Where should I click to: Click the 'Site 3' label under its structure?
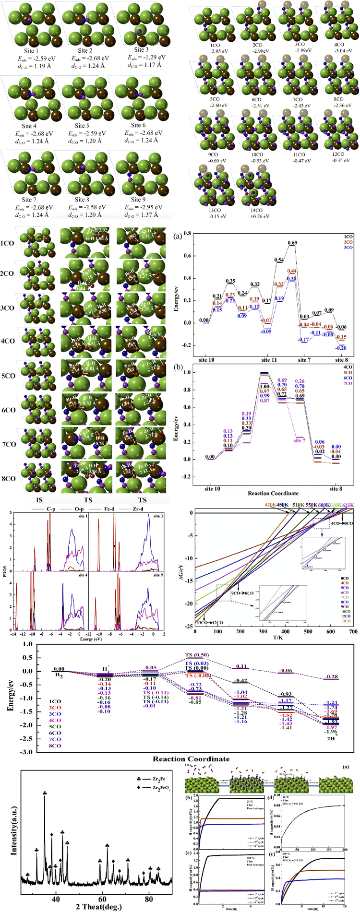tap(141, 49)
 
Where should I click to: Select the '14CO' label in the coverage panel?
tap(255, 210)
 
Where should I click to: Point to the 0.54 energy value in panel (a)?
tap(279, 260)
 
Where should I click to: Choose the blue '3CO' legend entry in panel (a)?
tap(348, 248)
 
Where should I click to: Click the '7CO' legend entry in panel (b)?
tap(348, 383)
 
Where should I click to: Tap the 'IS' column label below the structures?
tap(33, 499)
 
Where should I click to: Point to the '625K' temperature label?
tap(348, 505)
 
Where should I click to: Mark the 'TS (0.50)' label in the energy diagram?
tap(197, 655)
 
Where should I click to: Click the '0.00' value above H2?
tap(59, 669)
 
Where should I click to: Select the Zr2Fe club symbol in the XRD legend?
tap(139, 777)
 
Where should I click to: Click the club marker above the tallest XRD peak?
tap(45, 793)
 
